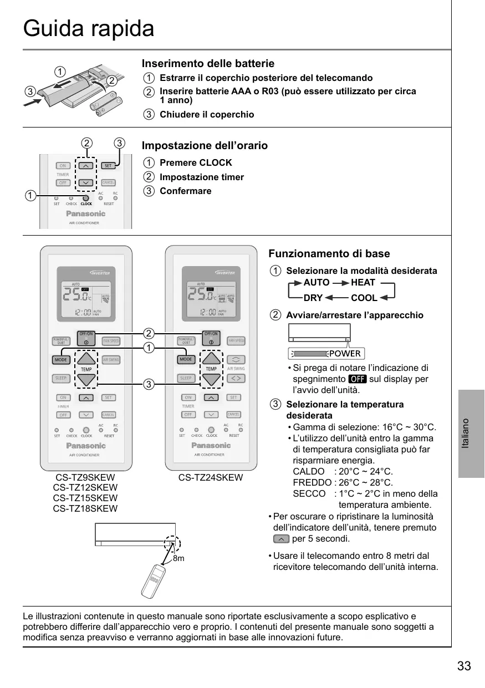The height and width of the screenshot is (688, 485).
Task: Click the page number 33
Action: pyautogui.click(x=464, y=666)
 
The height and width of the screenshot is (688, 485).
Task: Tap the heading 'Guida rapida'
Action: pyautogui.click(x=89, y=28)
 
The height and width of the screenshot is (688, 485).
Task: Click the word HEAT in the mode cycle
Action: pyautogui.click(x=363, y=283)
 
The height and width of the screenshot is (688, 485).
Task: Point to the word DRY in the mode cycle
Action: pyautogui.click(x=313, y=298)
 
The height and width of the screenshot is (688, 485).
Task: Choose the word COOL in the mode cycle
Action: pyautogui.click(x=364, y=298)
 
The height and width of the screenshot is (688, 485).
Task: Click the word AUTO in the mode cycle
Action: pyautogui.click(x=316, y=283)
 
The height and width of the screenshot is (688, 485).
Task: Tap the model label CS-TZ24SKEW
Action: pyautogui.click(x=211, y=477)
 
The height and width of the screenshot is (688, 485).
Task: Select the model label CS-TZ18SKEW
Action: pyautogui.click(x=85, y=508)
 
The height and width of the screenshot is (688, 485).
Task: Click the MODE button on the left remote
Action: pyautogui.click(x=61, y=360)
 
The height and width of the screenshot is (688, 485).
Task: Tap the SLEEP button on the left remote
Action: pyautogui.click(x=61, y=379)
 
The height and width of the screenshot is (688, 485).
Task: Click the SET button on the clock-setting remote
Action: pyautogui.click(x=108, y=165)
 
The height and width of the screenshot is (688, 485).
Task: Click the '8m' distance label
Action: pyautogui.click(x=178, y=559)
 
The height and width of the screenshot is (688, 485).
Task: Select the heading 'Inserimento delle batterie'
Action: pyautogui.click(x=208, y=64)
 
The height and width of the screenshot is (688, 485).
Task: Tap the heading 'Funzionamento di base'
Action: pyautogui.click(x=329, y=254)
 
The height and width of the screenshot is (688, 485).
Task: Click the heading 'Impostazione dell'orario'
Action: pyautogui.click(x=205, y=146)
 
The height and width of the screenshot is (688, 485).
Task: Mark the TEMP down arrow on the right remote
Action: pyautogui.click(x=211, y=379)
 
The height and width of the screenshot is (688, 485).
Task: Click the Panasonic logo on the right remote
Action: pyautogui.click(x=211, y=445)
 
